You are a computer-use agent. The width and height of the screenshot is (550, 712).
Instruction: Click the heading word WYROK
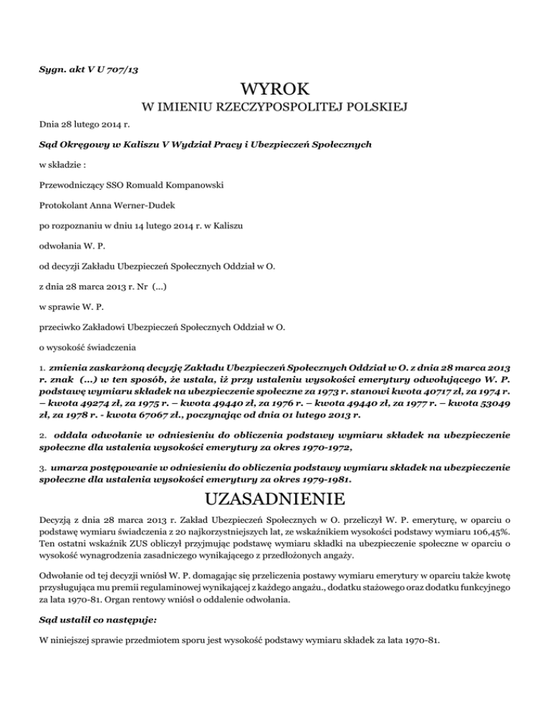275,90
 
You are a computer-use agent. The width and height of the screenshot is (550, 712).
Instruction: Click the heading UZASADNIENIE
275,497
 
